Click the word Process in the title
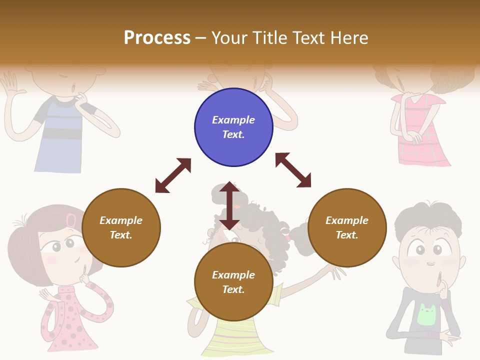[157, 38]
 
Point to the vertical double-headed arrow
[229, 205]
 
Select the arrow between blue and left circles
[173, 175]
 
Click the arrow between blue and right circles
[293, 170]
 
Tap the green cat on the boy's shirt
[426, 314]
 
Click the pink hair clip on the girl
[71, 220]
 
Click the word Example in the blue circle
[233, 120]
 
